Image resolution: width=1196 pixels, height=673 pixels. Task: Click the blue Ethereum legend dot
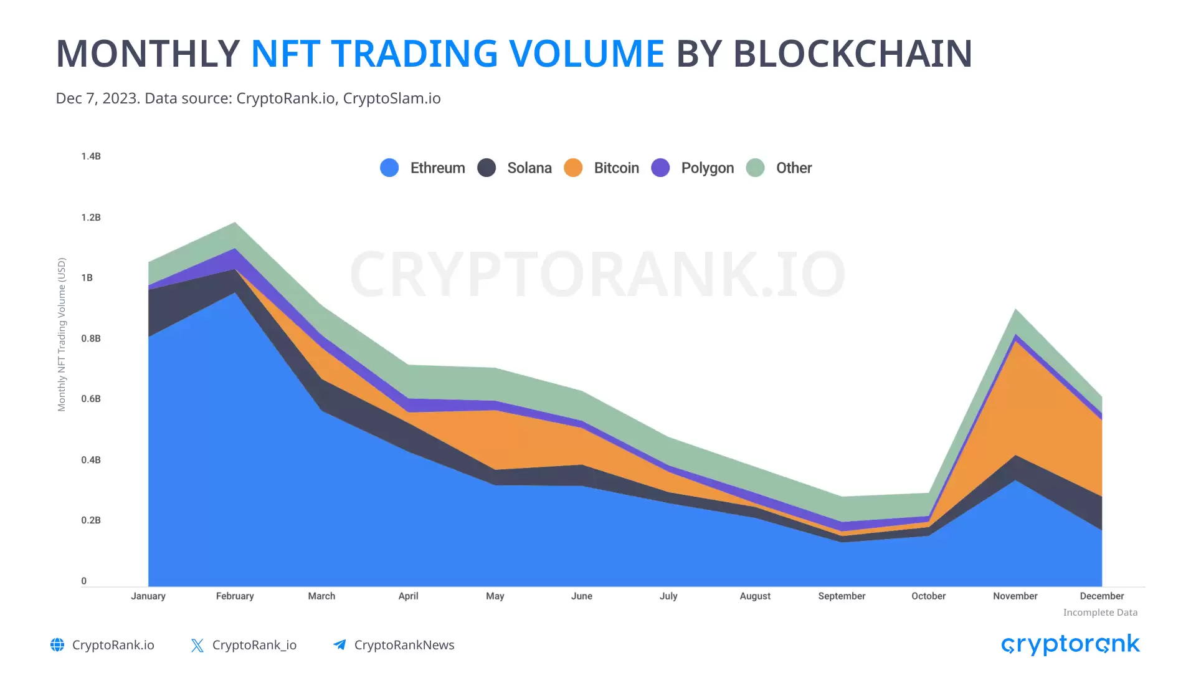click(389, 168)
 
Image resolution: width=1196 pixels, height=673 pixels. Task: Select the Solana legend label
click(529, 168)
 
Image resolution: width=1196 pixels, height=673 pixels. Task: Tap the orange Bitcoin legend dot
click(573, 168)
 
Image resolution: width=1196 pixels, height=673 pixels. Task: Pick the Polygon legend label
click(707, 168)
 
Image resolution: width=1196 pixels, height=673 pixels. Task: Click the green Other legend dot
click(755, 168)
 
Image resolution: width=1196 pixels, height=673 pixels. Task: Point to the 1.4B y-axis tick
click(91, 156)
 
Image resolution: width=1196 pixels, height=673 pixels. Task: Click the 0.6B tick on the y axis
click(91, 399)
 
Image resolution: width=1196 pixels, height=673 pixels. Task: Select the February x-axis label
click(235, 596)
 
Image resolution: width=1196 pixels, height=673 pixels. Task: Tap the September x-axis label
click(842, 596)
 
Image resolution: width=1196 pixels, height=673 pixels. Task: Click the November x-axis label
click(1015, 596)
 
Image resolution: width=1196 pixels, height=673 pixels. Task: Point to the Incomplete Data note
click(1100, 613)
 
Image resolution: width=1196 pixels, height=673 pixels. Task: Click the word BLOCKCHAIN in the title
click(852, 54)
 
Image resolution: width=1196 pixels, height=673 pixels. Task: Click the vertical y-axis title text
click(62, 335)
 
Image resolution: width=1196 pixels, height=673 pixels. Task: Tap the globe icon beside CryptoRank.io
click(57, 645)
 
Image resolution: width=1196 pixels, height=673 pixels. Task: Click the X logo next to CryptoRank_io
click(197, 646)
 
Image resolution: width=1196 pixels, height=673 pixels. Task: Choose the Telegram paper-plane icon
click(339, 645)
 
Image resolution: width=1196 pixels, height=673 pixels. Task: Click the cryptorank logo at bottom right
click(1070, 645)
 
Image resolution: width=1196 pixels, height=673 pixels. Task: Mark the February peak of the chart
click(235, 223)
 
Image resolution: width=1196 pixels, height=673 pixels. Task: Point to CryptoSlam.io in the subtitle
click(392, 98)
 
